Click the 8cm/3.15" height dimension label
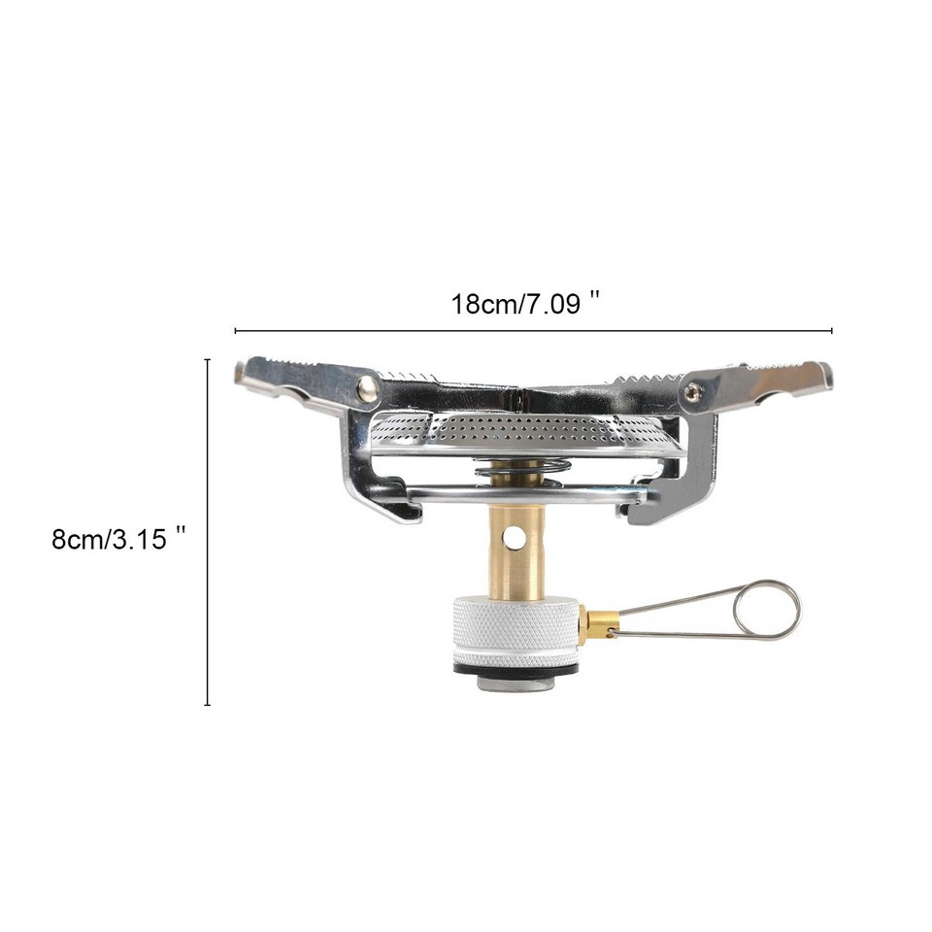118,538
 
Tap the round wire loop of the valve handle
767,609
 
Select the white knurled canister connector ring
515,632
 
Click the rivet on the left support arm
367,388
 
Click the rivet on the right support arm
692,391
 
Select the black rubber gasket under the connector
515,669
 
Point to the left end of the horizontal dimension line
236,331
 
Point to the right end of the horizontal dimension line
832,331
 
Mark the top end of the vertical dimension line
207,360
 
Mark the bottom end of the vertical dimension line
207,704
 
